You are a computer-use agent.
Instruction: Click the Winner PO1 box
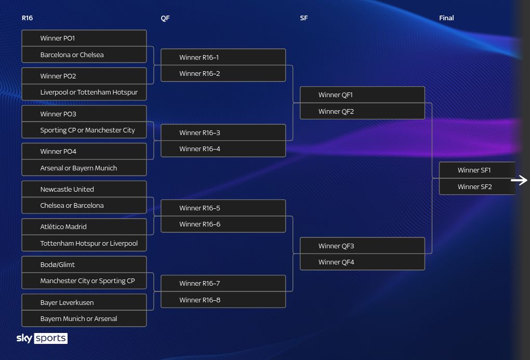(x=84, y=38)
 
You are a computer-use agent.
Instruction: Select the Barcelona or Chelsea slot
(x=84, y=55)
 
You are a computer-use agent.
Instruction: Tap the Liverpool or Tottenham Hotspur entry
(x=84, y=92)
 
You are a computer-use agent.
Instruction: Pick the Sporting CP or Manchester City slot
(x=84, y=130)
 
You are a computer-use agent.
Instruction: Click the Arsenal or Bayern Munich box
(x=84, y=168)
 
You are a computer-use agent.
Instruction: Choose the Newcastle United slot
(x=84, y=189)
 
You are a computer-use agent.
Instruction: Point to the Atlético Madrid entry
(x=84, y=226)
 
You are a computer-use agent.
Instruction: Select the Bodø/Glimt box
(x=84, y=264)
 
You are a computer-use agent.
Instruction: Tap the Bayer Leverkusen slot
(x=84, y=302)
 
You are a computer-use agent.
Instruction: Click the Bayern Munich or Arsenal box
(x=84, y=318)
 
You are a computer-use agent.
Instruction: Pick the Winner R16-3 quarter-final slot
(x=223, y=132)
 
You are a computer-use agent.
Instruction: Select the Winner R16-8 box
(x=223, y=300)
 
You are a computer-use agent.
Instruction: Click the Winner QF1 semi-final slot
(x=362, y=95)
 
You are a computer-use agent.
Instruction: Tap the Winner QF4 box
(x=362, y=262)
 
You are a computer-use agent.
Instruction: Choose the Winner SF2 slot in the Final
(x=477, y=186)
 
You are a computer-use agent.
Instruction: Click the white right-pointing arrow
(x=519, y=180)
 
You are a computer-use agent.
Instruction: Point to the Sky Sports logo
(x=42, y=338)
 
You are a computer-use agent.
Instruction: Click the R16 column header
(x=27, y=18)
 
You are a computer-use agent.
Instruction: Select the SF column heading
(x=304, y=18)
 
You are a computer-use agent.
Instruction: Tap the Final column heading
(x=446, y=18)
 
